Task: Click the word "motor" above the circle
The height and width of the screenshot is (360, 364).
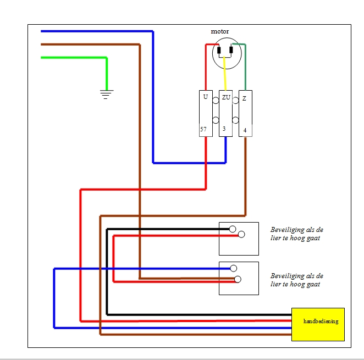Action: (x=220, y=31)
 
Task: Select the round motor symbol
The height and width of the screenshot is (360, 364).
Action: (x=227, y=53)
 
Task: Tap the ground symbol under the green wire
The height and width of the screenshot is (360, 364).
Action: (x=106, y=95)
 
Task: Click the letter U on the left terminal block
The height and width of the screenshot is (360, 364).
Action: (x=205, y=97)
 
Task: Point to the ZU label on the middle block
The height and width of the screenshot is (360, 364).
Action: (x=226, y=98)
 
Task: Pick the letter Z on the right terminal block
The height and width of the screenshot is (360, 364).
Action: (x=244, y=98)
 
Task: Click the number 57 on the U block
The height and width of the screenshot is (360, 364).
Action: (x=203, y=130)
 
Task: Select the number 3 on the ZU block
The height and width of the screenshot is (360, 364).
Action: (x=224, y=129)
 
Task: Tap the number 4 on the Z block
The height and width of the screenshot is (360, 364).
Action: (x=245, y=131)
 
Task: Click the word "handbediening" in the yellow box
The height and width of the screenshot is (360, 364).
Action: (x=321, y=321)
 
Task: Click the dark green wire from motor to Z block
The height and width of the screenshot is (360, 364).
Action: (x=245, y=66)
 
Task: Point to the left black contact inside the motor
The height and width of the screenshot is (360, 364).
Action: (x=220, y=52)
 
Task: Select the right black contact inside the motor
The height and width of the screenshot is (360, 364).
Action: (x=231, y=52)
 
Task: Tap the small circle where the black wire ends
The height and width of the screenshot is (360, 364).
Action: (x=233, y=229)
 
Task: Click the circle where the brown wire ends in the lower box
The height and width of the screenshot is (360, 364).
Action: (x=238, y=279)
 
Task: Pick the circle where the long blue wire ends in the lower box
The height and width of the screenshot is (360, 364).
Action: (x=234, y=268)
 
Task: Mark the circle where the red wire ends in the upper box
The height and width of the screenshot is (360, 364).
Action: (x=241, y=235)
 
